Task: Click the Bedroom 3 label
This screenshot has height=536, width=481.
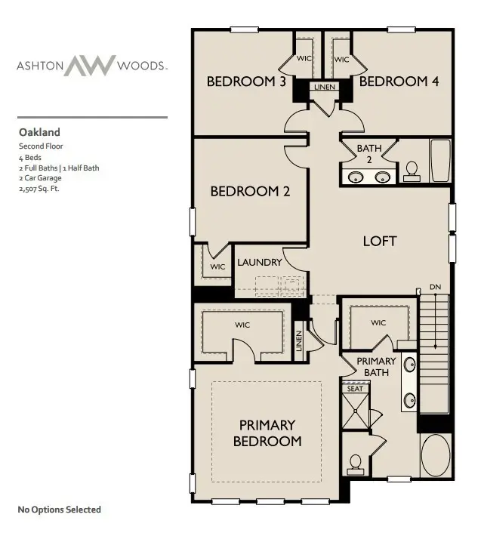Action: pos(245,82)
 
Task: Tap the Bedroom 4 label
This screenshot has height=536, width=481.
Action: pos(399,82)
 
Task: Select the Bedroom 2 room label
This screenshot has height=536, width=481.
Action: pos(250,192)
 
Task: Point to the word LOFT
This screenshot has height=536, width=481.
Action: pos(380,242)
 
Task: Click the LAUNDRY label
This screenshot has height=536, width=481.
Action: pos(260,263)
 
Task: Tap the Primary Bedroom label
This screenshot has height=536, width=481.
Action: pos(267,433)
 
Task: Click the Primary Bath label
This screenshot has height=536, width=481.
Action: pos(376,366)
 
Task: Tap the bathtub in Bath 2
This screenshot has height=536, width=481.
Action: pos(440,161)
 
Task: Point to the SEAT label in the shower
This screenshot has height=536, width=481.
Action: pos(355,389)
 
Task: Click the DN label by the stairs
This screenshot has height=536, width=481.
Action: pos(435,288)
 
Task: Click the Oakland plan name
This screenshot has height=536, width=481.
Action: pos(39,132)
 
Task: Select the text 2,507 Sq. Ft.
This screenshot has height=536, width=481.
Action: pos(39,189)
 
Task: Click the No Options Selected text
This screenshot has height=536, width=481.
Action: pos(59,510)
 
